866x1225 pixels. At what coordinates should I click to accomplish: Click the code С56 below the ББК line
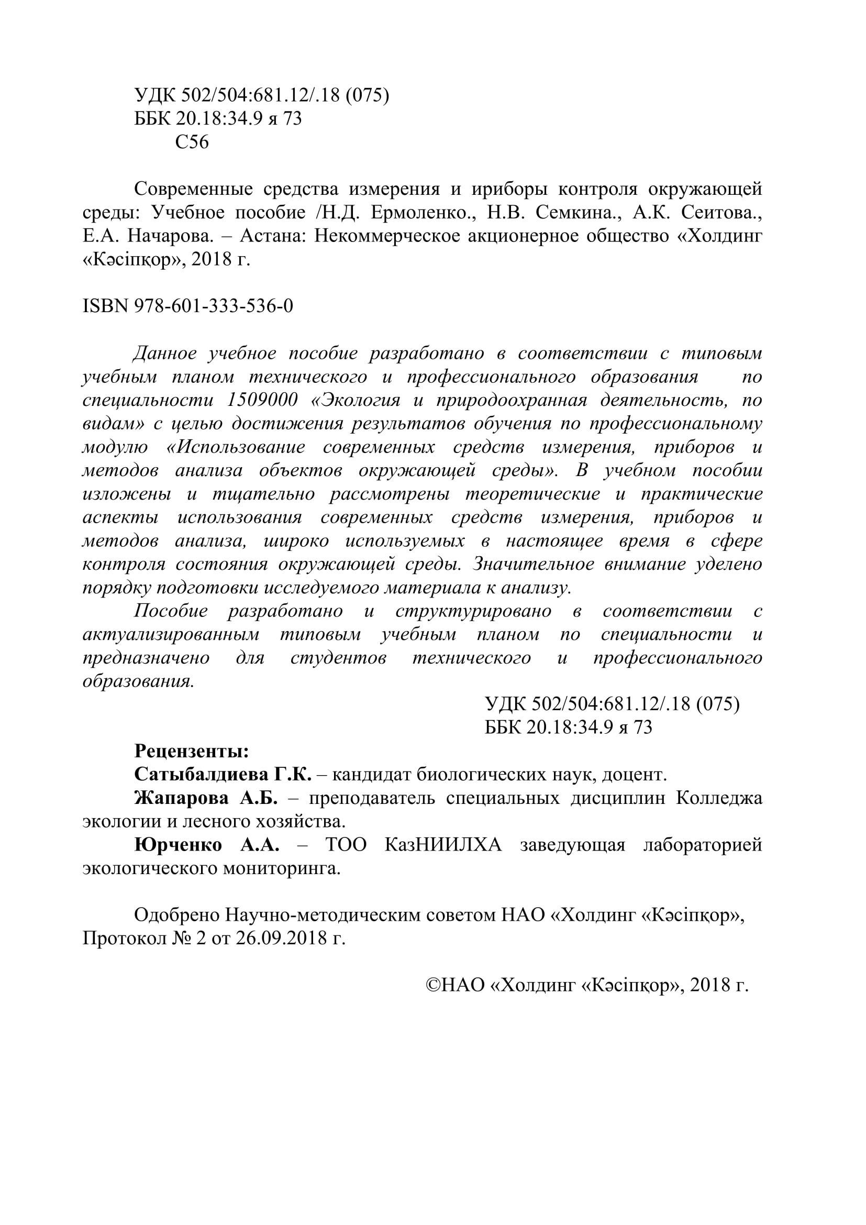[192, 142]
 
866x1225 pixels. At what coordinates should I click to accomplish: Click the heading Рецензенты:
[192, 752]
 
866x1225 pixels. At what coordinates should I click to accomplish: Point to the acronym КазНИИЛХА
[443, 846]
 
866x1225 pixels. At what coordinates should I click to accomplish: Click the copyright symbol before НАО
[432, 986]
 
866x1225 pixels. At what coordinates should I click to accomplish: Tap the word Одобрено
[176, 915]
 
